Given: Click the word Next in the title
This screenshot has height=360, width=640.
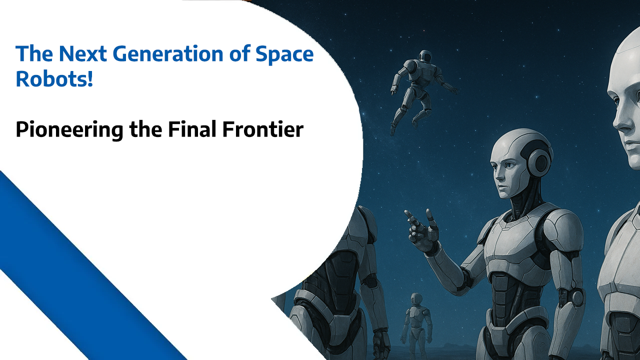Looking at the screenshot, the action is [x=83, y=53].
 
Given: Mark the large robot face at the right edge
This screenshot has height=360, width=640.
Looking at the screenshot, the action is [x=625, y=108].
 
